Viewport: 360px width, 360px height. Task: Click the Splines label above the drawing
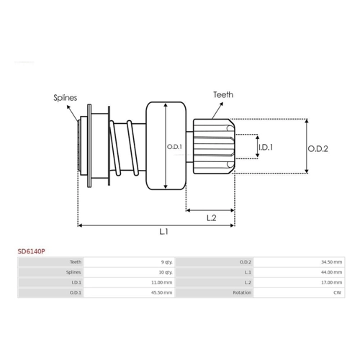pyautogui.click(x=66, y=98)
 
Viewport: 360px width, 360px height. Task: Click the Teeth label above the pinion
pyautogui.click(x=223, y=94)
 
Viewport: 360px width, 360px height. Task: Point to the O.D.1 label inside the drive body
pyautogui.click(x=174, y=147)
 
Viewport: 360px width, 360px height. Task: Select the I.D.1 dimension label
pyautogui.click(x=266, y=147)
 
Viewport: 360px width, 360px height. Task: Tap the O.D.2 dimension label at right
pyautogui.click(x=318, y=149)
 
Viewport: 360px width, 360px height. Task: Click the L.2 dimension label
pyautogui.click(x=212, y=218)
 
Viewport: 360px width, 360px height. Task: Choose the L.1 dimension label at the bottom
pyautogui.click(x=163, y=232)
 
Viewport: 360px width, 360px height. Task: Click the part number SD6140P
pyautogui.click(x=31, y=251)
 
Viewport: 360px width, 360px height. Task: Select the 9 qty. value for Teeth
pyautogui.click(x=166, y=262)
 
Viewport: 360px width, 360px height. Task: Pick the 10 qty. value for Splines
pyautogui.click(x=166, y=272)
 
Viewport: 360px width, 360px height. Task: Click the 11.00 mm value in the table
pyautogui.click(x=162, y=282)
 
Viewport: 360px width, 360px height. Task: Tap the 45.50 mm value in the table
pyautogui.click(x=162, y=292)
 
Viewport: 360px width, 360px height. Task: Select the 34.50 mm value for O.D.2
pyautogui.click(x=332, y=262)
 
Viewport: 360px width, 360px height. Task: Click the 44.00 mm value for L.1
pyautogui.click(x=332, y=272)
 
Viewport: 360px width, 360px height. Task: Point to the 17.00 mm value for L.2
pyautogui.click(x=332, y=282)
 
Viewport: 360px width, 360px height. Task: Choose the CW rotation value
pyautogui.click(x=338, y=292)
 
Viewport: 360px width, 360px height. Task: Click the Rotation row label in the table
pyautogui.click(x=242, y=292)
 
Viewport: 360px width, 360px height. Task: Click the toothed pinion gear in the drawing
pyautogui.click(x=214, y=146)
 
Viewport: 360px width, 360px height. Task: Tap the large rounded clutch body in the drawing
pyautogui.click(x=166, y=145)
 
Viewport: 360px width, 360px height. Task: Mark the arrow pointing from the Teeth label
pyautogui.click(x=217, y=110)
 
